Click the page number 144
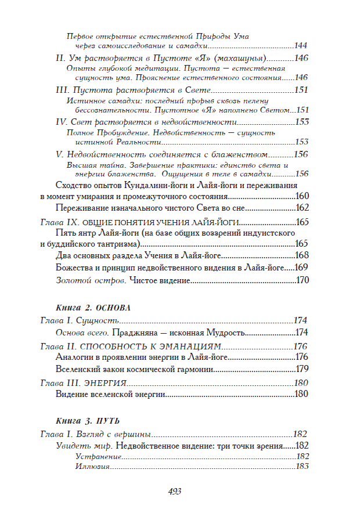[x=301, y=45]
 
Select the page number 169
[x=301, y=268]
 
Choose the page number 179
[x=301, y=369]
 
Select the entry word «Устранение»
[x=96, y=456]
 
